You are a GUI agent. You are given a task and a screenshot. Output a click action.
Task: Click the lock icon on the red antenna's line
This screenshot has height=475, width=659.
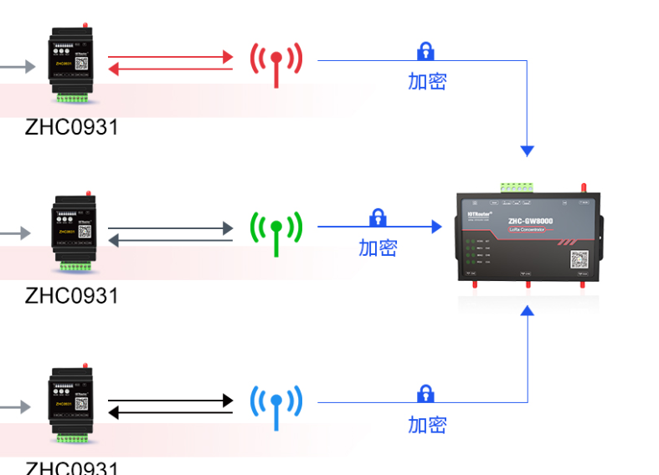click(x=425, y=51)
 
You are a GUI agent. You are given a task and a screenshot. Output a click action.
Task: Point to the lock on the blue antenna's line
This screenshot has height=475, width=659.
click(x=425, y=393)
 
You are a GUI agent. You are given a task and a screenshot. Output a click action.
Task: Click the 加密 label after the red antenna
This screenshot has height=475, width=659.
click(x=427, y=81)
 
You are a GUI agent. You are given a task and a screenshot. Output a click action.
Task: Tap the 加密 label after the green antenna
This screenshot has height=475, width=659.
click(x=378, y=248)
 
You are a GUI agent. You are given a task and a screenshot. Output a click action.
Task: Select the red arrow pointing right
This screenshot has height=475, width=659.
click(x=171, y=57)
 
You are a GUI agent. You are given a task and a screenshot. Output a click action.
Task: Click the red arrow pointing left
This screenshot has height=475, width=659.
click(x=171, y=70)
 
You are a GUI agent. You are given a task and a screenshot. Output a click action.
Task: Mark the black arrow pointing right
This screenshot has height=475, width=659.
click(x=171, y=401)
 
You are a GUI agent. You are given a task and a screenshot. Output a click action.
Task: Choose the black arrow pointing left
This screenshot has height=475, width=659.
click(x=171, y=412)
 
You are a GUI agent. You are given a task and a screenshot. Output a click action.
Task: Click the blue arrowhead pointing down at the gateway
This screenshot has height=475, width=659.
click(x=527, y=151)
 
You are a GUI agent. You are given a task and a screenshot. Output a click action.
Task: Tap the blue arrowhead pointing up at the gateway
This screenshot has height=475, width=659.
click(x=527, y=311)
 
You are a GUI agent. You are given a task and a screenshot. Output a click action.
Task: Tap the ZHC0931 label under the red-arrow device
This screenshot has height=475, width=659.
click(x=71, y=127)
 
